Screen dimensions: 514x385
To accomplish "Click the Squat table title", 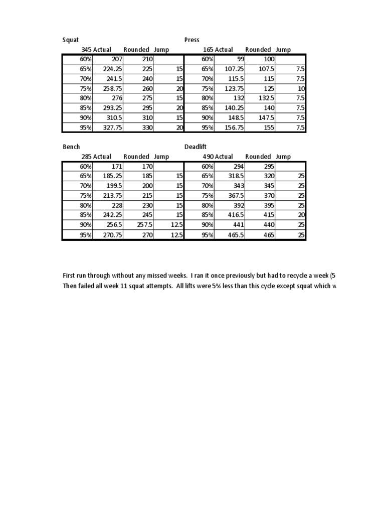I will tap(71, 40).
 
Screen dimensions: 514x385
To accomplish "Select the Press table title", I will tap(192, 40).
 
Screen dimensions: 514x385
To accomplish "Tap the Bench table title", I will tap(72, 147).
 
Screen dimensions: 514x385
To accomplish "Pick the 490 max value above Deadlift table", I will tap(208, 157).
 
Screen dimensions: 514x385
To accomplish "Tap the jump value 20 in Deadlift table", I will tap(301, 215).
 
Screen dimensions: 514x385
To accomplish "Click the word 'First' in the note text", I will tap(70, 276).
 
